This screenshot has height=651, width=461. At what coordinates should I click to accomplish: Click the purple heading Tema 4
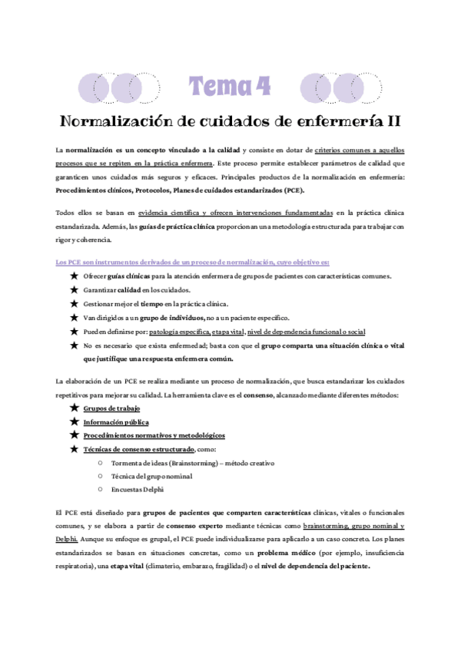tap(230, 87)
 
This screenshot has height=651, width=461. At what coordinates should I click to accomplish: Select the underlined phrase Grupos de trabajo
tap(111, 409)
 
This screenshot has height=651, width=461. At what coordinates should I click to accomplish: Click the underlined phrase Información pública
tap(116, 422)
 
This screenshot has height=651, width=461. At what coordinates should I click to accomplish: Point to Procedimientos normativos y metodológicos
tap(154, 435)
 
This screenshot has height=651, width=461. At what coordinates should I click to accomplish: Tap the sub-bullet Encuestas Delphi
tap(138, 489)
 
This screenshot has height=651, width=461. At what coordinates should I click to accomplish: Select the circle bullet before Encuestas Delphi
tap(101, 489)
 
